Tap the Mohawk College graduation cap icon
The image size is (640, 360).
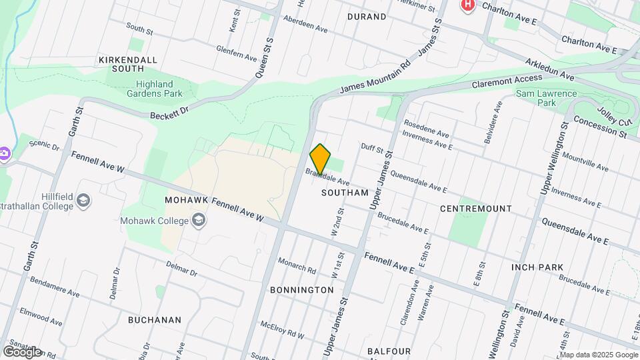coord(199,219)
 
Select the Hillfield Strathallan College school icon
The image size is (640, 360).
coord(83,201)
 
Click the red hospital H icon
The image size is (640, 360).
coord(468,5)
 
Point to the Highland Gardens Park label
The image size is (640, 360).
coord(155,89)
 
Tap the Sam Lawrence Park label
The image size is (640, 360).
coord(547,98)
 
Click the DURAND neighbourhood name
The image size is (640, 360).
coord(367,16)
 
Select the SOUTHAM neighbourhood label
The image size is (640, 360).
coord(345,193)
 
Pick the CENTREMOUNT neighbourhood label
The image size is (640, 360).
coord(476,209)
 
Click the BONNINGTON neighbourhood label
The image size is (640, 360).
coord(302,290)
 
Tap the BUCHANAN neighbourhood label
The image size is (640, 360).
coord(155,319)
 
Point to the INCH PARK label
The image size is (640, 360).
coord(537,267)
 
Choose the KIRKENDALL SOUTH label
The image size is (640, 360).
coord(128,64)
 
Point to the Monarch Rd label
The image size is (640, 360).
coord(297,265)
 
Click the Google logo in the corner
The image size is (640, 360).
coord(22,351)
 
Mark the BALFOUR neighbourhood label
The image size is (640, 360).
coord(389,351)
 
